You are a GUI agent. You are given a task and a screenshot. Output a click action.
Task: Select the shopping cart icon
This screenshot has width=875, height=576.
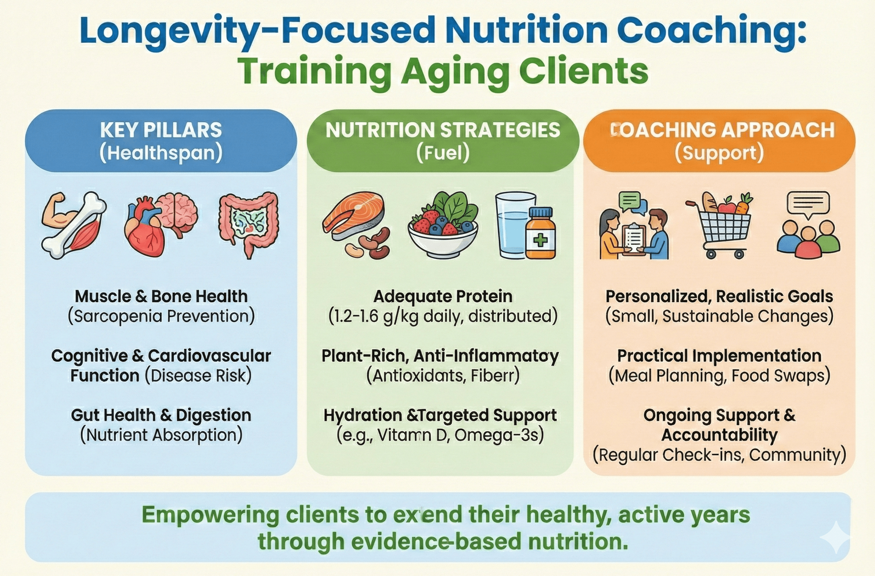[721, 228]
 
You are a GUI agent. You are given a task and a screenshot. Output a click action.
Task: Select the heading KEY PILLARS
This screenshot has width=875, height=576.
[161, 130]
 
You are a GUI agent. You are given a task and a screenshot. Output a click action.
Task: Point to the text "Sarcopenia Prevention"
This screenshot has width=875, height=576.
[161, 316]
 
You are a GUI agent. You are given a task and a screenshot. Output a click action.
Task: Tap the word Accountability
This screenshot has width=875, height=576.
[720, 435]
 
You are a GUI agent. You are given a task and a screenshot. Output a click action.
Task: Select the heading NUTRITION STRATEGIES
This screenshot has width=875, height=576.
[443, 130]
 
